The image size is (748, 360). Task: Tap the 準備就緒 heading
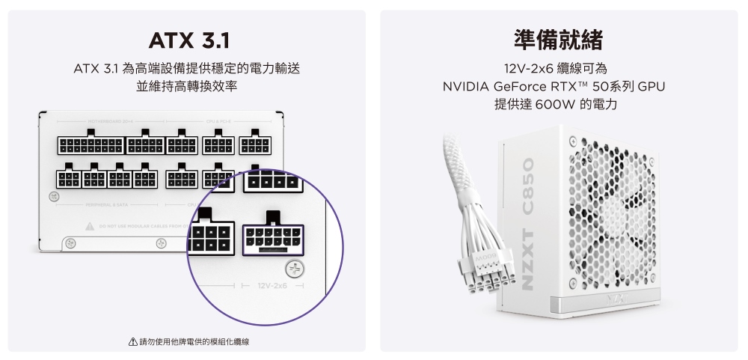559,39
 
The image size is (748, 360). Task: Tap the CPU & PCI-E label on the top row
218,120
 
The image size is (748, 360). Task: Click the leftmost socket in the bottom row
69,179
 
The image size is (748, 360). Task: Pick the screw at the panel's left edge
52,197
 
